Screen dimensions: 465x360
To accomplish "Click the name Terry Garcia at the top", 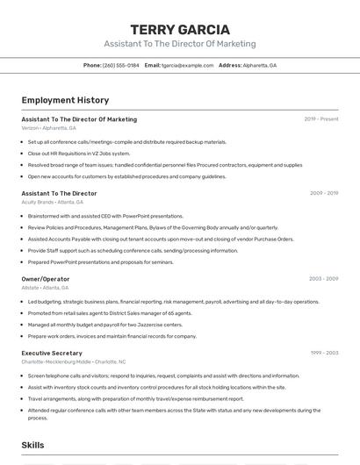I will point(180,29).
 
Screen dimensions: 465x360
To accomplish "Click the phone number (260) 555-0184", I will point(121,65).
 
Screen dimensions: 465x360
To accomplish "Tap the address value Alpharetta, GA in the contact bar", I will point(261,65).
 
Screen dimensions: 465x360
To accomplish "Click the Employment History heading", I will point(65,100).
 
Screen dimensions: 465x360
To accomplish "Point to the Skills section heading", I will point(33,445).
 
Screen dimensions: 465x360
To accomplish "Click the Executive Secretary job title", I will point(53,353).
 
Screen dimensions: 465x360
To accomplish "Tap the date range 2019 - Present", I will point(321,119).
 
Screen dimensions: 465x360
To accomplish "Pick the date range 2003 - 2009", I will point(323,279).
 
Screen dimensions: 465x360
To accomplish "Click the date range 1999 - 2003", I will point(324,353).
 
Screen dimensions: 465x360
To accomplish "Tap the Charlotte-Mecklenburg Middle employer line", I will point(74,361).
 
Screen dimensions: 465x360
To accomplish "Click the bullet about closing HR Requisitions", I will point(79,153).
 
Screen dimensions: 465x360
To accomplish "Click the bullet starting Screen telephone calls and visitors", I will point(162,376).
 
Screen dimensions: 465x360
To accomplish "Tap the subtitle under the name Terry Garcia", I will point(180,44).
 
